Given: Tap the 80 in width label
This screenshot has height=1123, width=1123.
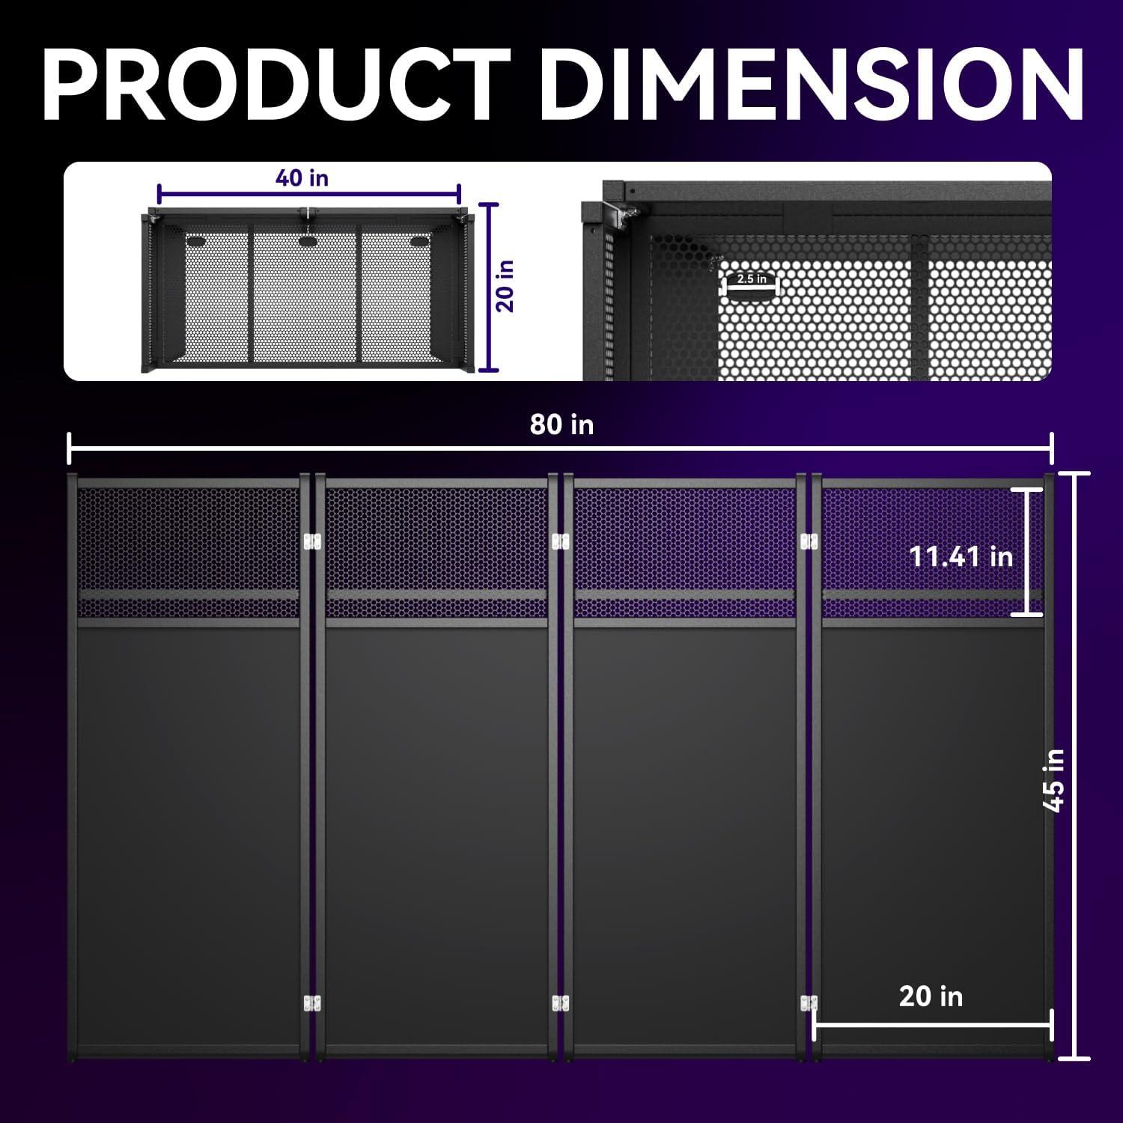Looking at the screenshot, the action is click(x=561, y=424).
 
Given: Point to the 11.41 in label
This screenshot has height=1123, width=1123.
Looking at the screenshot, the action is click(x=961, y=556).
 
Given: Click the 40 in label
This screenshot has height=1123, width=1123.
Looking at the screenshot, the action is click(x=302, y=178).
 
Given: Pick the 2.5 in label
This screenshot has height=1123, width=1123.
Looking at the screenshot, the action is click(x=752, y=279).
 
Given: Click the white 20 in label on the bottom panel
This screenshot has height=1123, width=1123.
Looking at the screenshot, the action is click(x=931, y=996).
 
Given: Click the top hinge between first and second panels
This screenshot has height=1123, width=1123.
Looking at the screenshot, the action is click(x=312, y=541).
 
